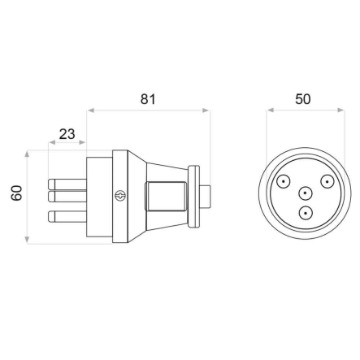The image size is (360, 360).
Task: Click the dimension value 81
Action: click(148, 99)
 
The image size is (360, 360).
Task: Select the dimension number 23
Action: click(68, 132)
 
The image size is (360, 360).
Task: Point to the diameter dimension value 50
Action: click(302, 99)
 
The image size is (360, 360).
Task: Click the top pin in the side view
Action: click(67, 183)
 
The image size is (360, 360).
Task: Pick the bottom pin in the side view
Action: click(67, 216)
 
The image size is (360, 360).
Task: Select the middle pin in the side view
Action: click(67, 196)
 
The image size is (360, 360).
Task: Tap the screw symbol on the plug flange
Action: click(121, 196)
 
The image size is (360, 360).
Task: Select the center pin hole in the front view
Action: click(305, 194)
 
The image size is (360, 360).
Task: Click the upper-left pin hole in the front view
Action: click(284, 181)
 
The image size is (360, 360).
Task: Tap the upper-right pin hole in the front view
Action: click(326, 181)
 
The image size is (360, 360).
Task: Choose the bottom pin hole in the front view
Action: click(305, 214)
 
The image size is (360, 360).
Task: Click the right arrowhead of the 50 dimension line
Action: click(336, 110)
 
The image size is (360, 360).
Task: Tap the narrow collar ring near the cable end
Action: click(193, 197)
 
